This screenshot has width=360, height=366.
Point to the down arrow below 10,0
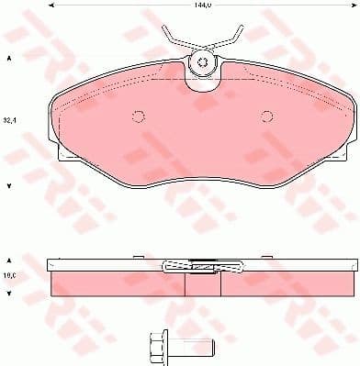click(9, 293)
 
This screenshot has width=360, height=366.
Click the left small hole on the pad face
click(138, 116)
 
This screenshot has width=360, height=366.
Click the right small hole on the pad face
click(267, 116)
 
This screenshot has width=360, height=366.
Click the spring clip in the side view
click(201, 267)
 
